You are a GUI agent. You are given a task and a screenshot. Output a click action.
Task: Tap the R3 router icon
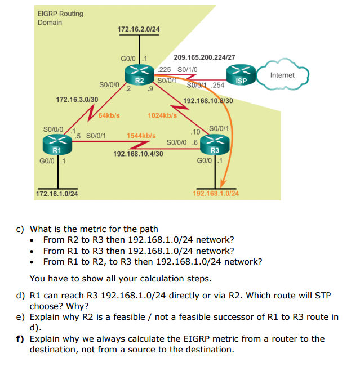pyautogui.click(x=214, y=144)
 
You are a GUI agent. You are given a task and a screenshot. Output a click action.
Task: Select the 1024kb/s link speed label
pyautogui.click(x=162, y=115)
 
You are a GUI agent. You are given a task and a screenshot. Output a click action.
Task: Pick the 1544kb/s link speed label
pyautogui.click(x=141, y=136)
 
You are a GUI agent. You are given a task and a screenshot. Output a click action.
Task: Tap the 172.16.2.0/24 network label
pyautogui.click(x=138, y=29)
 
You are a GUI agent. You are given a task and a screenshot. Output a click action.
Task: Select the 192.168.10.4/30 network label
pyautogui.click(x=138, y=154)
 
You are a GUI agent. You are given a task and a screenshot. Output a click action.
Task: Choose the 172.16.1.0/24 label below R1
pyautogui.click(x=57, y=194)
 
